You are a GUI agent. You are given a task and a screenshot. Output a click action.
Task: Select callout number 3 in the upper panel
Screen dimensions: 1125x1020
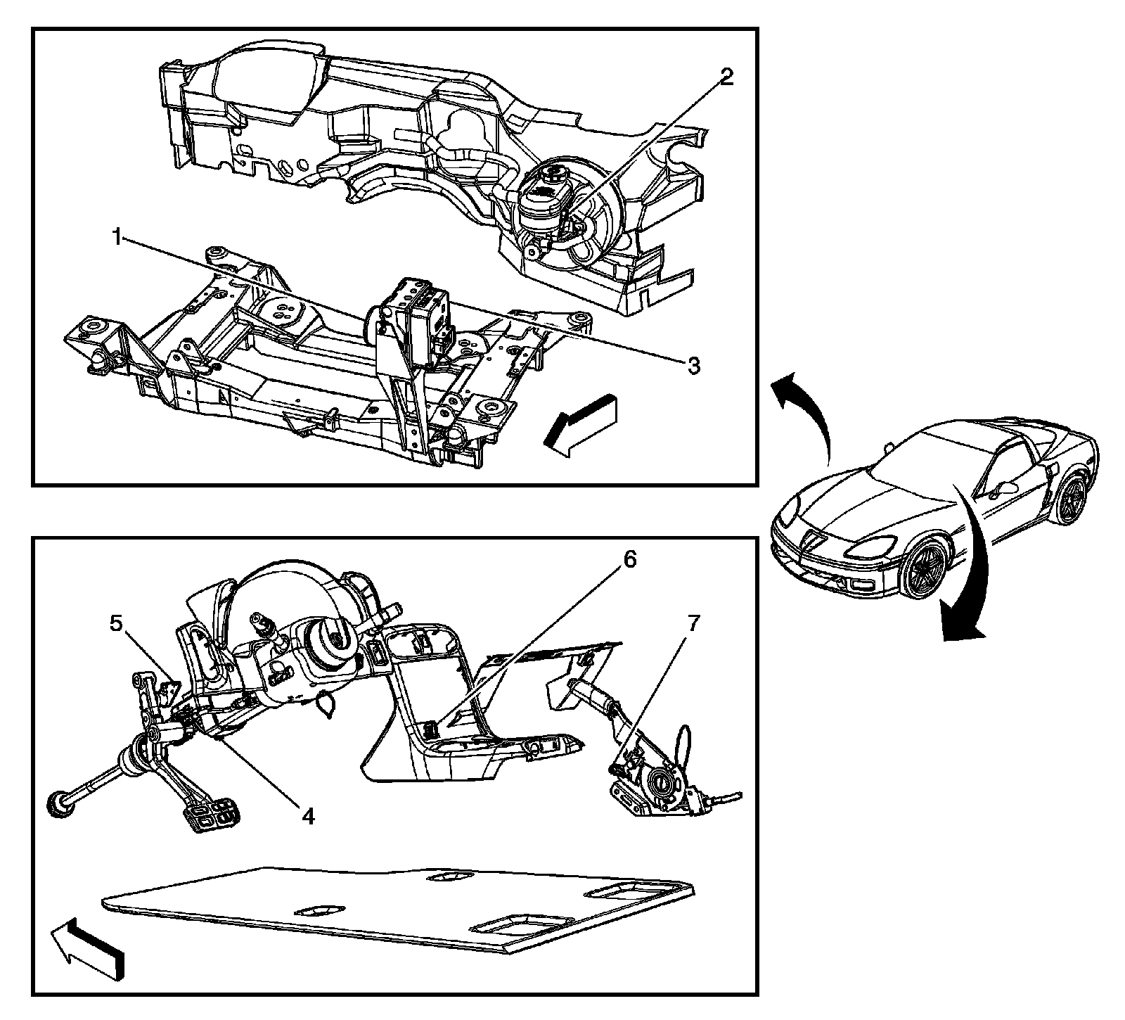tap(693, 366)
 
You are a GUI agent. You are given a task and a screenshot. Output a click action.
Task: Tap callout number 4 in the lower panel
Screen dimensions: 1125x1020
tap(308, 816)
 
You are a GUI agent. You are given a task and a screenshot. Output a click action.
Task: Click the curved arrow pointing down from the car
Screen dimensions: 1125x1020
tap(974, 563)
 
